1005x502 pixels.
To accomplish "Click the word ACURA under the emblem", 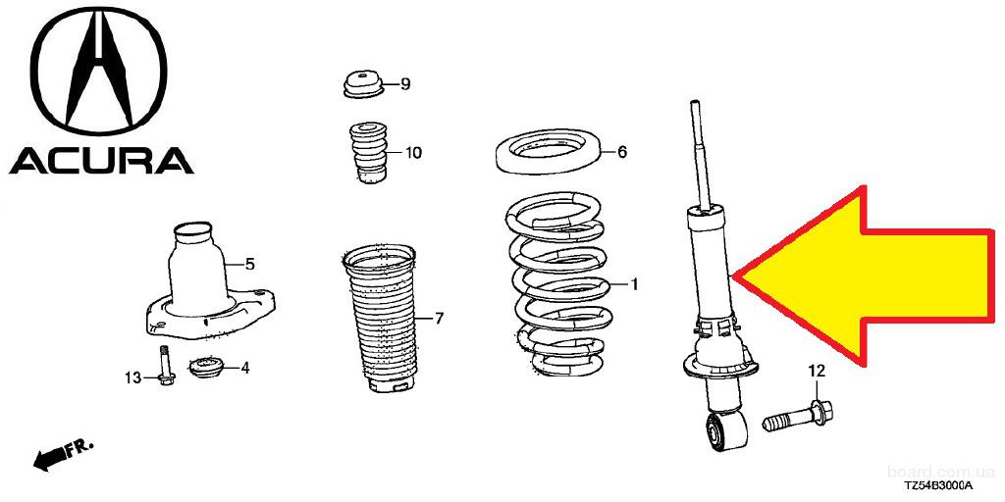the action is coord(101,161).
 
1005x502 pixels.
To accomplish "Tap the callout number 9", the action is coord(405,84).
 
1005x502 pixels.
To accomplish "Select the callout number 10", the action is coord(413,153).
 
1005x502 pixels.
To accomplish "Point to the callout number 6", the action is coord(621,152).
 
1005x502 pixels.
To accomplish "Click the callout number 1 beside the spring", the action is coord(634,284).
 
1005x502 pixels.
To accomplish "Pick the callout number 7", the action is coord(439,318).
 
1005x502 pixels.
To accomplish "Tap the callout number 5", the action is coord(250,263).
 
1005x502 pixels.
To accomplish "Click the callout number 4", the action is coord(245,369).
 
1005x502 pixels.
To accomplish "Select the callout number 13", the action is coord(132,378).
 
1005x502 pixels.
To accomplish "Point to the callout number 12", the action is coord(817,370).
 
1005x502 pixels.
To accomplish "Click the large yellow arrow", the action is coord(866,276).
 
